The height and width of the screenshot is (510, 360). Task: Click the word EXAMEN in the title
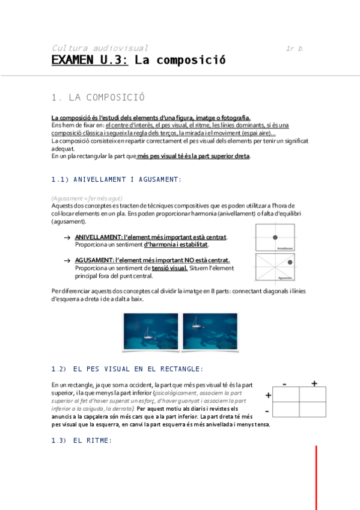(72, 60)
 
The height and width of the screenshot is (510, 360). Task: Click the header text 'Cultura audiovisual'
(100, 48)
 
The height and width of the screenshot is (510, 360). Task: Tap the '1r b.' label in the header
(295, 48)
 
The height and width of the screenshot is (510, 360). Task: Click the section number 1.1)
(60, 179)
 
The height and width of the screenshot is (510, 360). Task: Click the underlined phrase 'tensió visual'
(169, 268)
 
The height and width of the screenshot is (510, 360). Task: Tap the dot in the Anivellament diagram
(275, 238)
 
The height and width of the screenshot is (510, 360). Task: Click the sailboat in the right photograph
(196, 325)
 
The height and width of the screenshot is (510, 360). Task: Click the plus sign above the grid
(314, 383)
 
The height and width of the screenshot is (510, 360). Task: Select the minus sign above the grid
(284, 383)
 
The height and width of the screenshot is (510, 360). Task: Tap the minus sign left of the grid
(267, 411)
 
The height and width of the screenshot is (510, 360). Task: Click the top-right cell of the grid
(313, 394)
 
